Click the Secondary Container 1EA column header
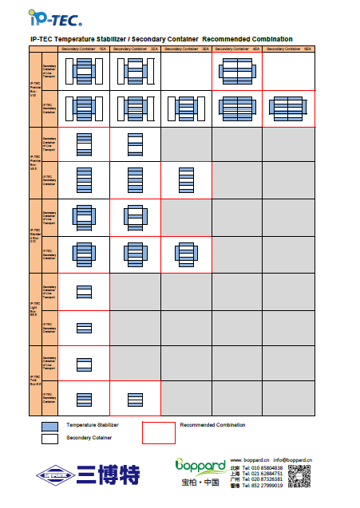click(84, 49)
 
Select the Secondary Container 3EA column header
click(186, 49)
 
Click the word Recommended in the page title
click(227, 39)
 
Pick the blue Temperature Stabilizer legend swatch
click(50, 426)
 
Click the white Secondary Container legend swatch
click(50, 438)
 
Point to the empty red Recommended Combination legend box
click(158, 431)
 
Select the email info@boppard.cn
click(291, 460)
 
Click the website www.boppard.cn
click(249, 460)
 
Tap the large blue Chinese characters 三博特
click(108, 476)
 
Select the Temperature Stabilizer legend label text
click(93, 426)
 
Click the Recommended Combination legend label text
click(212, 425)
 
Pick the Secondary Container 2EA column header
click(135, 49)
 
